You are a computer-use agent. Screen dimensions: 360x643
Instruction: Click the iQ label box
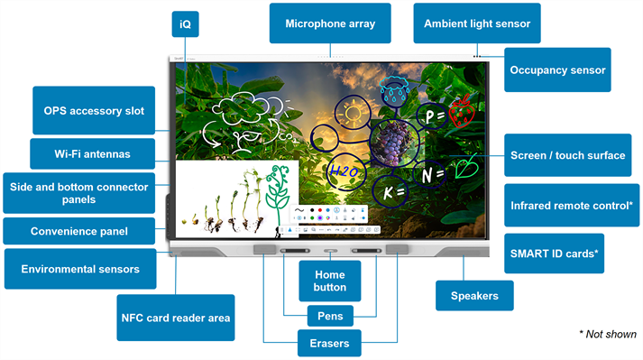185,25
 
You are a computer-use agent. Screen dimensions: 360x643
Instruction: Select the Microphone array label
330,23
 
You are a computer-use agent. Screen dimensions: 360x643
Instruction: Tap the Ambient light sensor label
477,23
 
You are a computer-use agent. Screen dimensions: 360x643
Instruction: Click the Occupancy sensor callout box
557,69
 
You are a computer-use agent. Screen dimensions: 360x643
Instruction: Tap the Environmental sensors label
80,269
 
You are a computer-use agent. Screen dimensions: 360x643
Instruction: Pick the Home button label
329,281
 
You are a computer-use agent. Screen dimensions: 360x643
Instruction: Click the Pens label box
329,316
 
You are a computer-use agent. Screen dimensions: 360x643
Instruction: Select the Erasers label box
329,343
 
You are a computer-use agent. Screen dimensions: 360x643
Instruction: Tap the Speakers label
474,295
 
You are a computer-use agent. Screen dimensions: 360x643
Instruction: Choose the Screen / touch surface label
567,155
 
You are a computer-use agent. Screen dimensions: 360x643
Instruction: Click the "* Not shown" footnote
607,333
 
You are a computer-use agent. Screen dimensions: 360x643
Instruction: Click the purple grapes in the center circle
393,143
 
